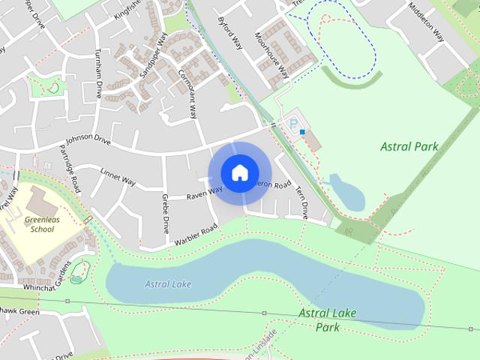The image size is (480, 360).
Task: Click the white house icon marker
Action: click(x=239, y=172)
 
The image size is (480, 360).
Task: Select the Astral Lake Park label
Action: click(x=327, y=319)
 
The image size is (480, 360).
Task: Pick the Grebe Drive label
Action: click(x=165, y=214)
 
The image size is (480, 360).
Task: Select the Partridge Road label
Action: click(x=69, y=166)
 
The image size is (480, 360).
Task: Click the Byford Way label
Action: click(x=229, y=31)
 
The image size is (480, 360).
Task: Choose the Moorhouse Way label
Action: click(x=271, y=55)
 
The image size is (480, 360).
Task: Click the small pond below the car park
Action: click(x=347, y=193)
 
